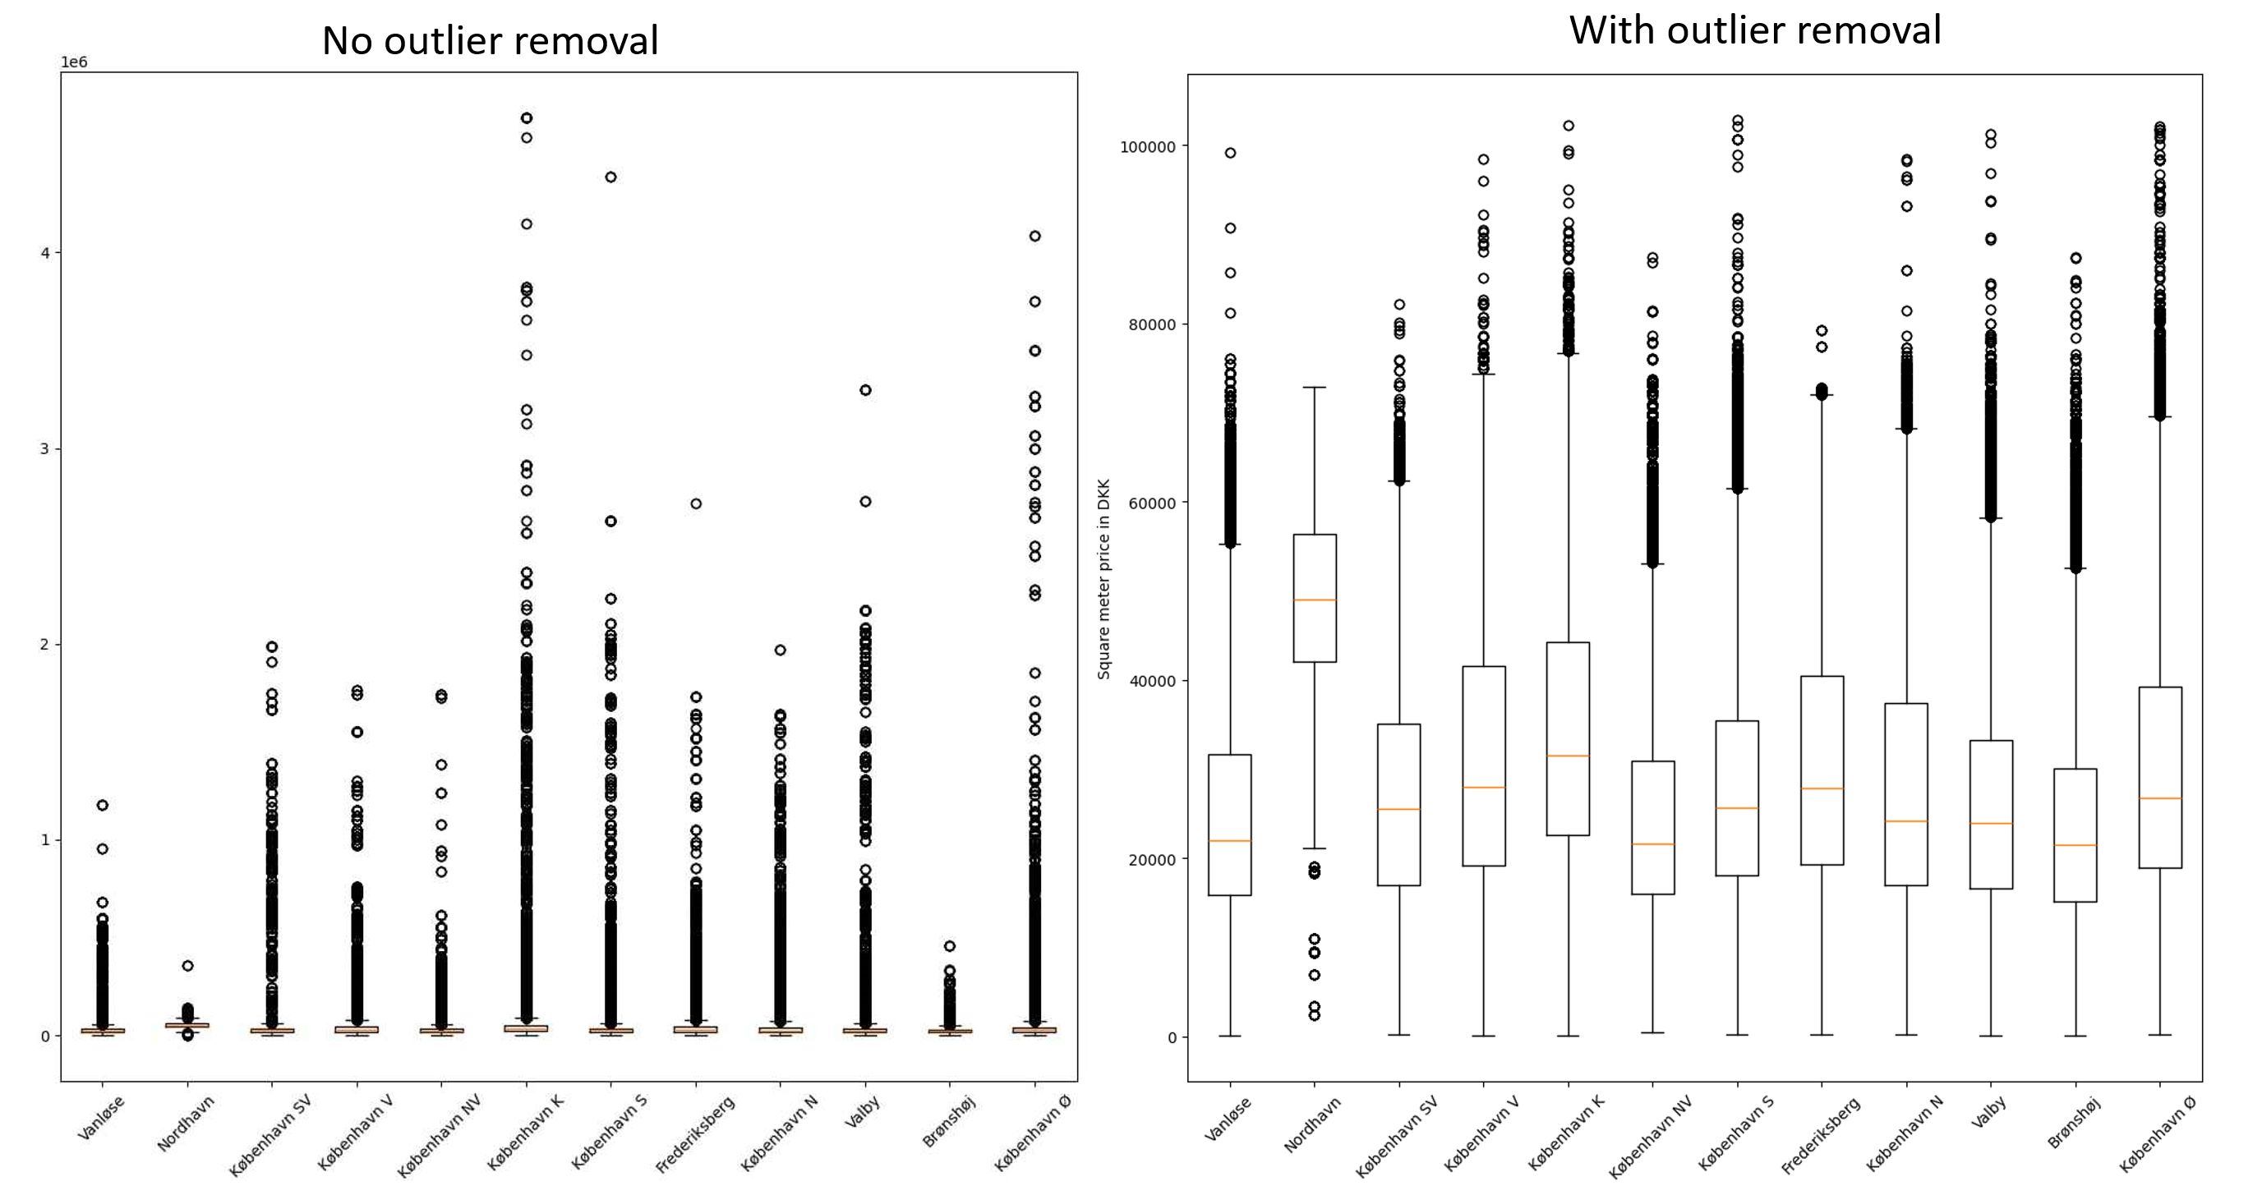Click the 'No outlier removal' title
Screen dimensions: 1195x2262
pyautogui.click(x=490, y=40)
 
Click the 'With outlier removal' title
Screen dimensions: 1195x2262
pyautogui.click(x=1754, y=30)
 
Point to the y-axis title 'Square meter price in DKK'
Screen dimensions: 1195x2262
pyautogui.click(x=1103, y=579)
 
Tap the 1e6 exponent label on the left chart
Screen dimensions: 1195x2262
pyautogui.click(x=74, y=62)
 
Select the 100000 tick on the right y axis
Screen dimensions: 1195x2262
pyautogui.click(x=1147, y=147)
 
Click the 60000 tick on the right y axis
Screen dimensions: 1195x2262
pyautogui.click(x=1150, y=503)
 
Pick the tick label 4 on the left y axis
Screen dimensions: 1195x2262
pyautogui.click(x=45, y=253)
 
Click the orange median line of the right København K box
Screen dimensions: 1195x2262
pyautogui.click(x=1568, y=756)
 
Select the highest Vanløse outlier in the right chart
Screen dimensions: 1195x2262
pyautogui.click(x=1230, y=153)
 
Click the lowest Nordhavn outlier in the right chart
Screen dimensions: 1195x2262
pyautogui.click(x=1315, y=1015)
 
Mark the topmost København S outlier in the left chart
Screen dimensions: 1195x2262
pyautogui.click(x=611, y=177)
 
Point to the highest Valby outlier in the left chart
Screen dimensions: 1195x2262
pyautogui.click(x=865, y=390)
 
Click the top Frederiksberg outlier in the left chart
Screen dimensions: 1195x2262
pyautogui.click(x=695, y=504)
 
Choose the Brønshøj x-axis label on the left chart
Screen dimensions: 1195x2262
pyautogui.click(x=948, y=1123)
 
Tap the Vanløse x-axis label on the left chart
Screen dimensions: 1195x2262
pyautogui.click(x=102, y=1119)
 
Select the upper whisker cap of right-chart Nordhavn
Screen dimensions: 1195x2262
pyautogui.click(x=1315, y=387)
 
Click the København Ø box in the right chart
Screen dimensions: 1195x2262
pyautogui.click(x=2159, y=777)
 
